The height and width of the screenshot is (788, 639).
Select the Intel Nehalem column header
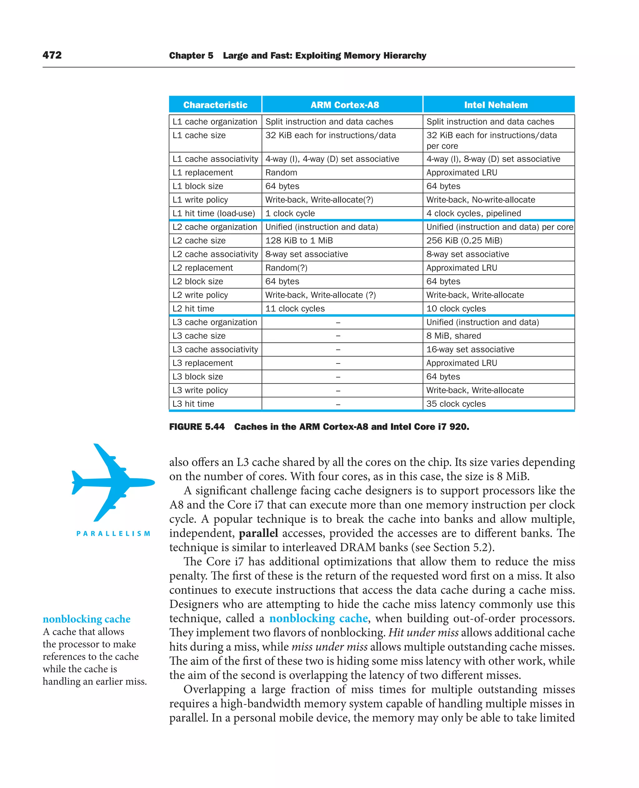tap(495, 105)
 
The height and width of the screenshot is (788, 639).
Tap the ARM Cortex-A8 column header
tap(344, 105)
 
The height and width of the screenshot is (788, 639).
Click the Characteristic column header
tap(215, 105)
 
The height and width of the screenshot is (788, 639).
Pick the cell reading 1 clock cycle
tap(290, 213)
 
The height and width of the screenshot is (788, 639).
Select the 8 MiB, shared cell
tap(453, 336)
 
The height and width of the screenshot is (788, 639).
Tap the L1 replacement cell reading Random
tap(281, 173)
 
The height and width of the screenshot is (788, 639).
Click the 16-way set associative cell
tap(470, 349)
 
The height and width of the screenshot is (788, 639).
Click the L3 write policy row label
tap(200, 390)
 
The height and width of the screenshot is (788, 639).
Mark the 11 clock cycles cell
tap(295, 309)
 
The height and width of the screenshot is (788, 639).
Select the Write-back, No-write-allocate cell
tap(480, 200)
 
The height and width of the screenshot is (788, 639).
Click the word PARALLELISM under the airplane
tap(113, 534)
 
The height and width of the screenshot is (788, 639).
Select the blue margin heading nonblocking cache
tap(86, 619)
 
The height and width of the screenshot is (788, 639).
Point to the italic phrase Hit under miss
tap(423, 633)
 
